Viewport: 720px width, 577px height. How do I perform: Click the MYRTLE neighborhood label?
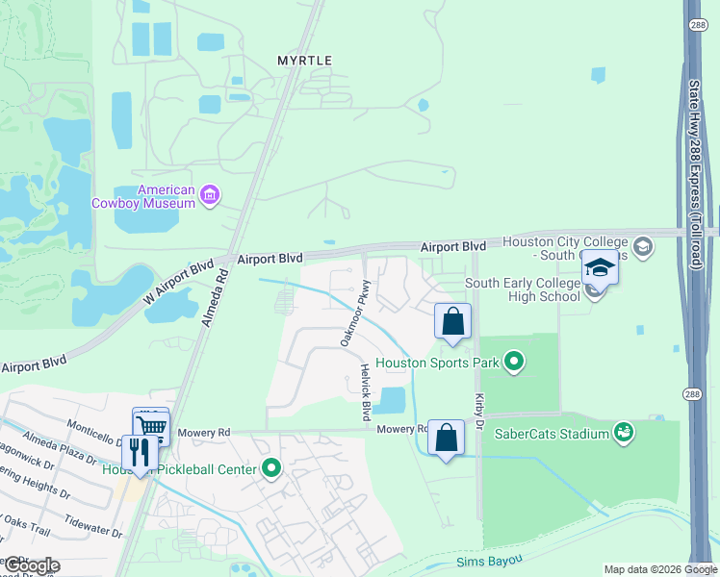pyautogui.click(x=304, y=61)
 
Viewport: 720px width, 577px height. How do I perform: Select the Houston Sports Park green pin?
pyautogui.click(x=515, y=363)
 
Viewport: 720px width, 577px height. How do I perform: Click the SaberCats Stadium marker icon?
pyautogui.click(x=624, y=434)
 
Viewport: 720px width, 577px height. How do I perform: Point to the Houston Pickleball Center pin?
pyautogui.click(x=272, y=469)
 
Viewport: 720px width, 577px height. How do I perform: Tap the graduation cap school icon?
pyautogui.click(x=599, y=267)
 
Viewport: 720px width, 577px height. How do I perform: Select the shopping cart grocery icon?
pyautogui.click(x=151, y=425)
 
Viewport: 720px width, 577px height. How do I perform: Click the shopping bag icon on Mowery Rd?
pyautogui.click(x=446, y=438)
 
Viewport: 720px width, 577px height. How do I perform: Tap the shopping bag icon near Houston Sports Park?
pyautogui.click(x=452, y=321)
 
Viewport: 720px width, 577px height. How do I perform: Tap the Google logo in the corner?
pyautogui.click(x=31, y=565)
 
